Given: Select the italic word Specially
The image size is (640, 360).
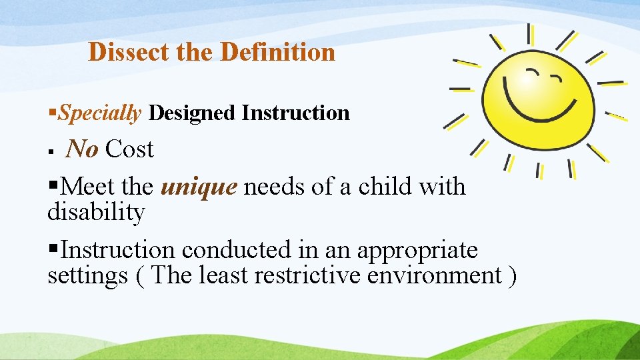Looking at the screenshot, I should click(99, 113).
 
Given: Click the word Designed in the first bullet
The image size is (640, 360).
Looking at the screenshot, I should click(192, 113).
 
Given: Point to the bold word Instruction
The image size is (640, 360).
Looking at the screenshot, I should click(295, 113).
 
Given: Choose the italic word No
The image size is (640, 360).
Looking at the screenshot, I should click(82, 149).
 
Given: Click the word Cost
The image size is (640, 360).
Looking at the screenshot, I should click(129, 149).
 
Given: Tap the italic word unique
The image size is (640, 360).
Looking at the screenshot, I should click(199, 187).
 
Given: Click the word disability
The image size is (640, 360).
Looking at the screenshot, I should click(96, 213).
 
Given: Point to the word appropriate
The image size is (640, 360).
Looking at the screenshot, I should click(417, 251).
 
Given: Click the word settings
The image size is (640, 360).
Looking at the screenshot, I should click(87, 275).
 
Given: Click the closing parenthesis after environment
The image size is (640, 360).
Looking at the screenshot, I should click(511, 275).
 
